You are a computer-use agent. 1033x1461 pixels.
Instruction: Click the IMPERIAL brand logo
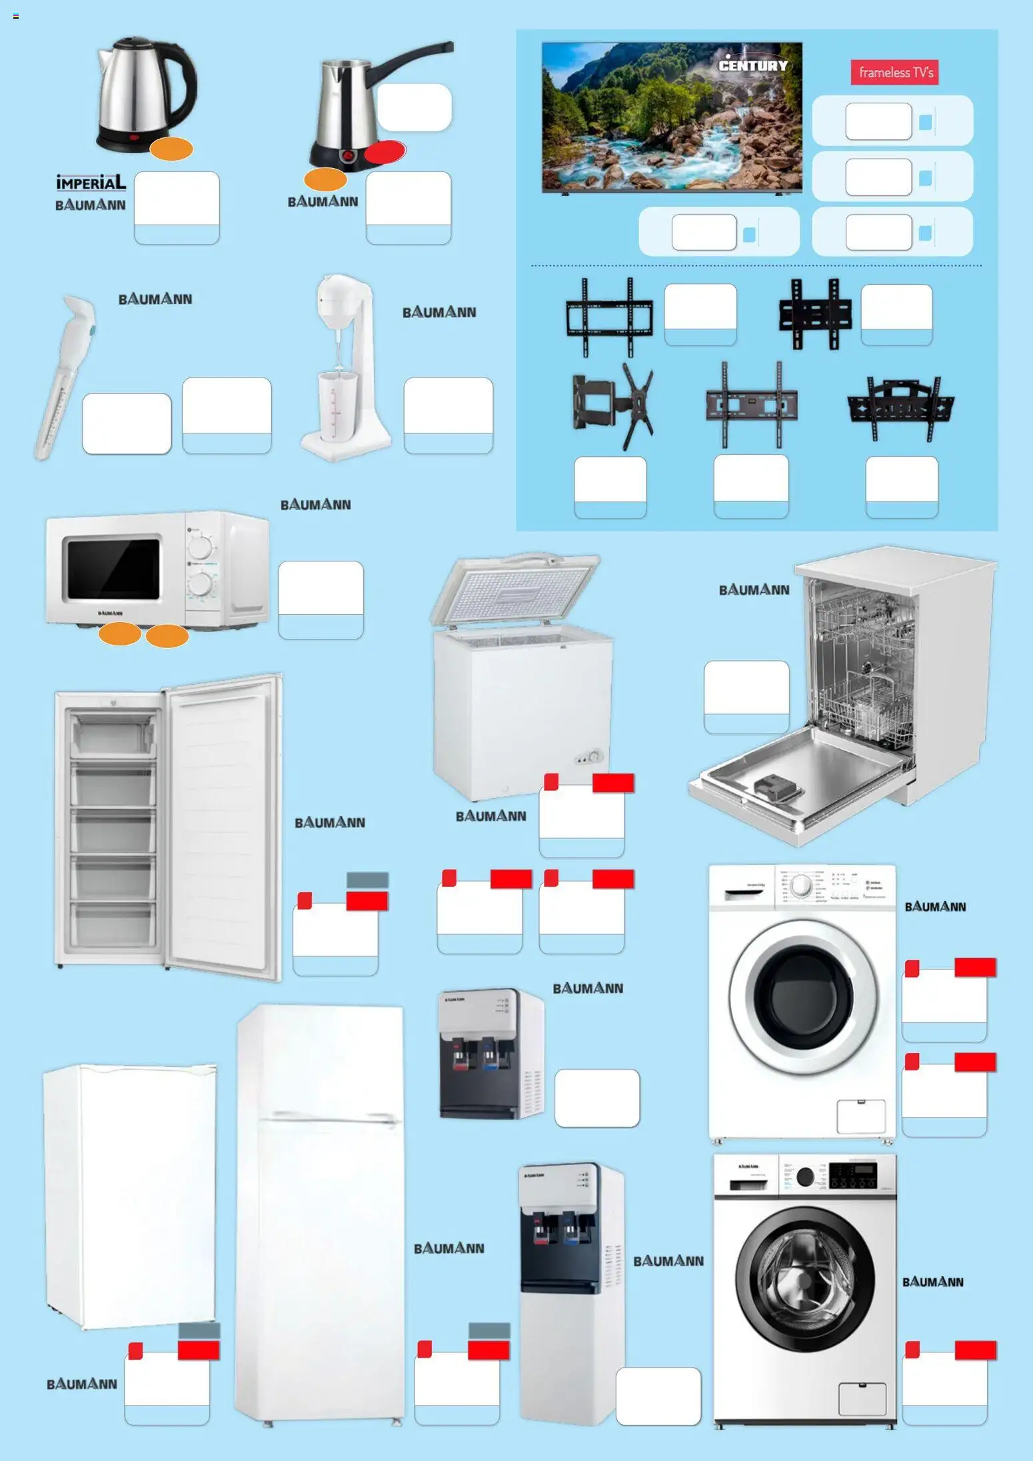(91, 182)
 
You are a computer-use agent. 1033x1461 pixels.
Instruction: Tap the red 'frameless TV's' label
(894, 73)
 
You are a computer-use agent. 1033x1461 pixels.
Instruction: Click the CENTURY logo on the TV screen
(752, 65)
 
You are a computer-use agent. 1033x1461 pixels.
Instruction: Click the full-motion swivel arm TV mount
(613, 405)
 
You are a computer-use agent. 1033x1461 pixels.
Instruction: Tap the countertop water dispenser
(491, 1054)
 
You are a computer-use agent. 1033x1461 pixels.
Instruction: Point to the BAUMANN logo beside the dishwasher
(754, 590)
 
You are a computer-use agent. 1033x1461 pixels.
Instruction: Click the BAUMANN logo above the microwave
(315, 505)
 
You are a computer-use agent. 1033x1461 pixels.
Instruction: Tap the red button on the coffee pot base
(348, 155)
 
